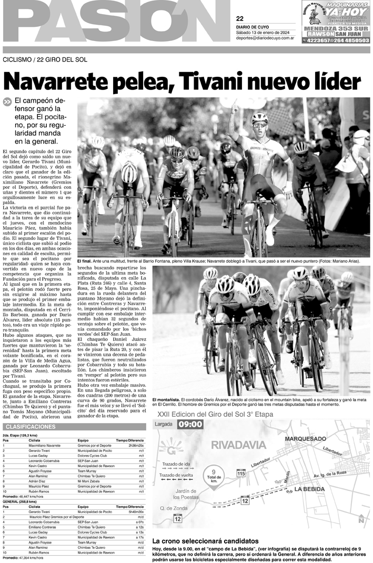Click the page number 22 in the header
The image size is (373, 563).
click(x=240, y=18)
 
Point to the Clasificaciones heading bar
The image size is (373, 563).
click(x=74, y=427)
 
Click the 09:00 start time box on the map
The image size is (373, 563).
click(x=190, y=439)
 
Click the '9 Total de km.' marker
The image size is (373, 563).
click(x=214, y=477)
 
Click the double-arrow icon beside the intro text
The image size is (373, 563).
click(x=7, y=102)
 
